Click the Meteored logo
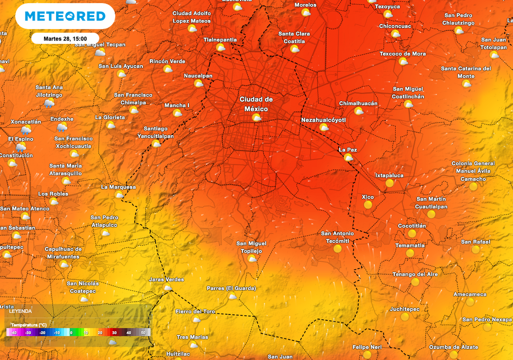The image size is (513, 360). point(65,16)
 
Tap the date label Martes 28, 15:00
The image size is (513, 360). point(65,39)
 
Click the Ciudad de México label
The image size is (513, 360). point(256,104)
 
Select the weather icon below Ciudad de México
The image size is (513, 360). point(256,118)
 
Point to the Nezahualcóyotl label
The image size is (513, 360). point(324,120)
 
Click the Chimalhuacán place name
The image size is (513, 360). point(358,104)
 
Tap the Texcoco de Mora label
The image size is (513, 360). point(402,54)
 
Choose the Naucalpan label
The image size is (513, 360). point(198,76)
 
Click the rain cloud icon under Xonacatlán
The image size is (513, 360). point(26,130)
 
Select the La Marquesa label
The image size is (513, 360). point(118,187)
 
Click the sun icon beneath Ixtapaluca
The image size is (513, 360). point(389,183)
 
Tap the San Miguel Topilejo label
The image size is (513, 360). point(251,247)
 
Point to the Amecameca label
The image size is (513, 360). point(469,294)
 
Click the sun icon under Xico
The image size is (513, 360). point(368,205)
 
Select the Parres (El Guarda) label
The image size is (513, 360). point(231,288)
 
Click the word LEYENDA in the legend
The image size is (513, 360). point(21,311)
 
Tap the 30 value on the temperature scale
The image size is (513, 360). point(114,332)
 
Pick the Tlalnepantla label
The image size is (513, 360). point(220,40)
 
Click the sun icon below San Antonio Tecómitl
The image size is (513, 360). point(338,248)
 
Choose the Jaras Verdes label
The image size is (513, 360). point(167,279)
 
